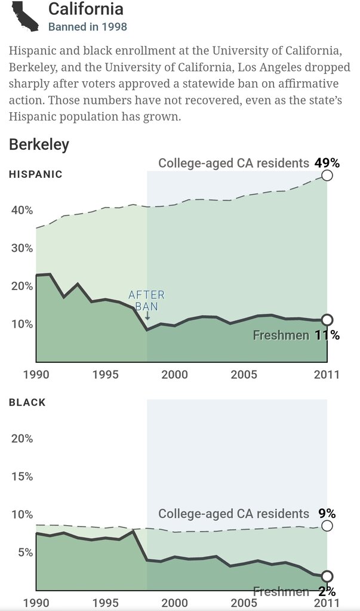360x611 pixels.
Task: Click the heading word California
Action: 86,9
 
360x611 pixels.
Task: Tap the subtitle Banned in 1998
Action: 87,27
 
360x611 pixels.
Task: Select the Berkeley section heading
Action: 39,144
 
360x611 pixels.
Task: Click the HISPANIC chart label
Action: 36,174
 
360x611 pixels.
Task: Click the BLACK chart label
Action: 27,402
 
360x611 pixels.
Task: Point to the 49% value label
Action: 327,163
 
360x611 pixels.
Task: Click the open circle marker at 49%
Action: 327,175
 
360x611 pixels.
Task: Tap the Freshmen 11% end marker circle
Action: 327,320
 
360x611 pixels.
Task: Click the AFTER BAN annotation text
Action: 146,301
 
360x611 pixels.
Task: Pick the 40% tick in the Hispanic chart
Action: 22,210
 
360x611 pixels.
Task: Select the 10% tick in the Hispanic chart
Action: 22,324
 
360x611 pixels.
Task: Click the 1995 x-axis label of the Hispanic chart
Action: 105,375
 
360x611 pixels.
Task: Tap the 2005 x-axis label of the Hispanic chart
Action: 244,375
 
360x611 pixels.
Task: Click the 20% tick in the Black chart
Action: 22,439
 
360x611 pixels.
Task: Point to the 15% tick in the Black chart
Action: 22,476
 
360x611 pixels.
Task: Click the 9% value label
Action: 327,514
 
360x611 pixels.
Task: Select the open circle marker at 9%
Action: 327,526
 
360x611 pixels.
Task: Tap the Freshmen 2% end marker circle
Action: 327,576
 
